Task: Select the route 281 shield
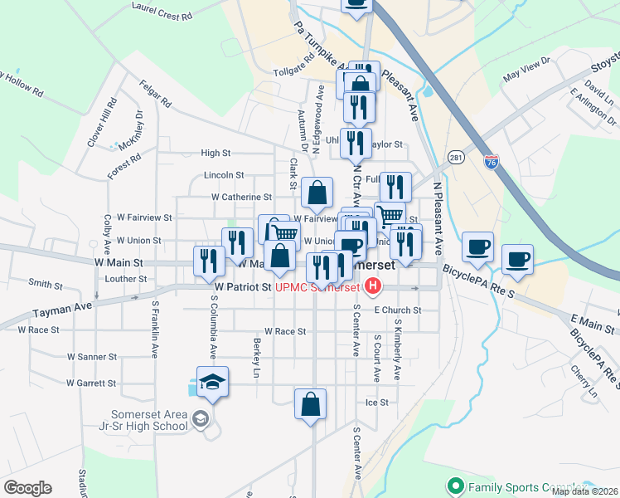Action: pyautogui.click(x=457, y=158)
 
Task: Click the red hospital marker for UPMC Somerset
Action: pyautogui.click(x=373, y=287)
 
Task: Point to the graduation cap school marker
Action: pyautogui.click(x=213, y=382)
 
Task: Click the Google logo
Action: pyautogui.click(x=27, y=488)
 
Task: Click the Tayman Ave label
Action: pyautogui.click(x=61, y=311)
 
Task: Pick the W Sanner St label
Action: pyautogui.click(x=92, y=357)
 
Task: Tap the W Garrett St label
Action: pyautogui.click(x=91, y=383)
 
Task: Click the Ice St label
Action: pyautogui.click(x=377, y=403)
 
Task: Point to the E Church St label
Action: pyautogui.click(x=398, y=310)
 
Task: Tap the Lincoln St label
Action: pyautogui.click(x=225, y=175)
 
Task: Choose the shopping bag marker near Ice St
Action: pyautogui.click(x=310, y=406)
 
